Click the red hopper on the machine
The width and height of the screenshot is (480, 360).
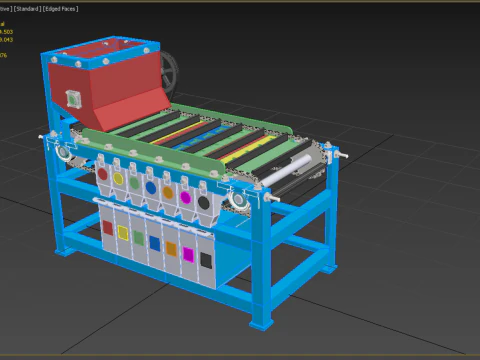(110, 85)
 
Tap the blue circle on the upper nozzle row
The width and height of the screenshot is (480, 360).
(150, 186)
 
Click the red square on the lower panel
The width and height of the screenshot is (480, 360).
(107, 228)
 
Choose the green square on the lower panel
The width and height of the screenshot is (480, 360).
(139, 237)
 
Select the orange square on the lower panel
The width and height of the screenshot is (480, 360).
(171, 247)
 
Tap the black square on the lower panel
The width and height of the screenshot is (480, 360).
(206, 259)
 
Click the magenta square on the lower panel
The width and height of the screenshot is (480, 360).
(188, 253)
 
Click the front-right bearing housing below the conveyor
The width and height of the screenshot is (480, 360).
(240, 202)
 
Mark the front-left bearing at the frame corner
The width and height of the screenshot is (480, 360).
(63, 154)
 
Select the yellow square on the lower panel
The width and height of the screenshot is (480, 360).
(123, 232)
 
